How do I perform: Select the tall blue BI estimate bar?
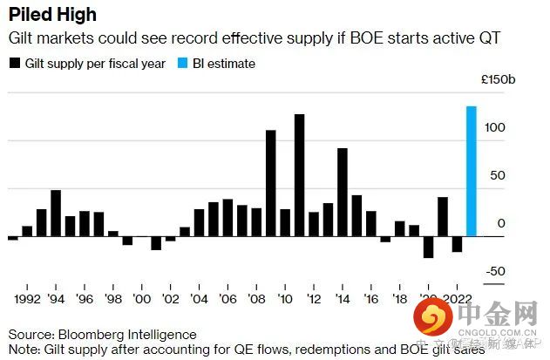pos(471,171)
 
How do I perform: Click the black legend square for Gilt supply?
pos(14,64)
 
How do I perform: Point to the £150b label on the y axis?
pos(499,79)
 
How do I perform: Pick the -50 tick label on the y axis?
pos(495,272)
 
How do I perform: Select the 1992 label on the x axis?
pos(27,296)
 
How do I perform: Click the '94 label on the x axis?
pos(56,296)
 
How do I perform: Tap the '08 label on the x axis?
pos(256,296)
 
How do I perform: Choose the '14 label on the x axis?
pos(342,296)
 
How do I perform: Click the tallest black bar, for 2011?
pos(299,175)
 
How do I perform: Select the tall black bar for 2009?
pos(270,183)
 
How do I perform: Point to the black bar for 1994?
pos(56,213)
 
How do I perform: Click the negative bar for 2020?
pos(428,247)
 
